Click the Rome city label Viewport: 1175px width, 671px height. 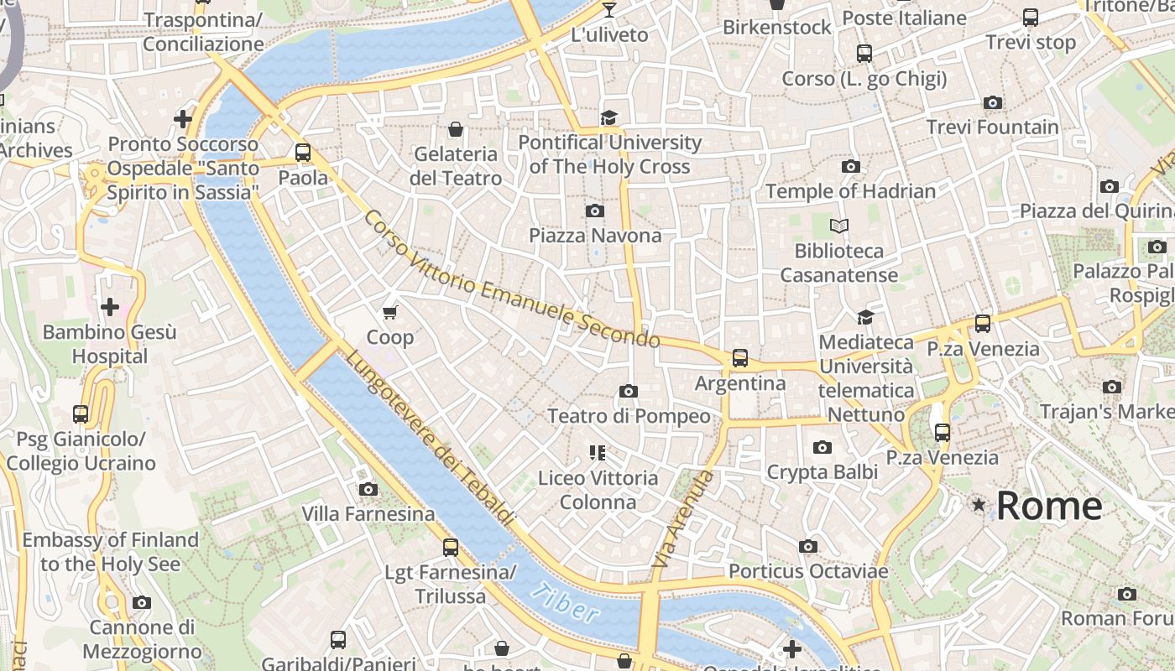(x=1049, y=506)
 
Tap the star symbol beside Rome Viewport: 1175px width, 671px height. (x=979, y=505)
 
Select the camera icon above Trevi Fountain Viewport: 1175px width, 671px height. (x=993, y=103)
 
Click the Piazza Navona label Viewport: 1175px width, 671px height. (x=595, y=236)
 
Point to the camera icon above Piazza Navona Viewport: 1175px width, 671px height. (x=595, y=211)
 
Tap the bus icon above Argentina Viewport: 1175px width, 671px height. (x=740, y=358)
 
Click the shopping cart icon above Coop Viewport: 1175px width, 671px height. (x=389, y=313)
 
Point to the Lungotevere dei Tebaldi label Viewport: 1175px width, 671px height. (x=429, y=438)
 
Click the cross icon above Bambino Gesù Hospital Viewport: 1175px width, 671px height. (x=109, y=307)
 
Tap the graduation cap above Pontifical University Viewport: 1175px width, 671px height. (x=608, y=117)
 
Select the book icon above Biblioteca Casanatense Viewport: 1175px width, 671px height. (x=839, y=226)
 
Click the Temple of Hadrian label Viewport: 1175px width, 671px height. (x=850, y=191)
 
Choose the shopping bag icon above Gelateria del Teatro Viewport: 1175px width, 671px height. (x=456, y=129)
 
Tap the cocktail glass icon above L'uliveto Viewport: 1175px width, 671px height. (x=609, y=10)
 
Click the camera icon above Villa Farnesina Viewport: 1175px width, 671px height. (x=368, y=489)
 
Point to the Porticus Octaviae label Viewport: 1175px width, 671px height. (x=807, y=571)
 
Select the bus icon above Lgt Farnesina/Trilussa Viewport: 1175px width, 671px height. (x=451, y=548)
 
